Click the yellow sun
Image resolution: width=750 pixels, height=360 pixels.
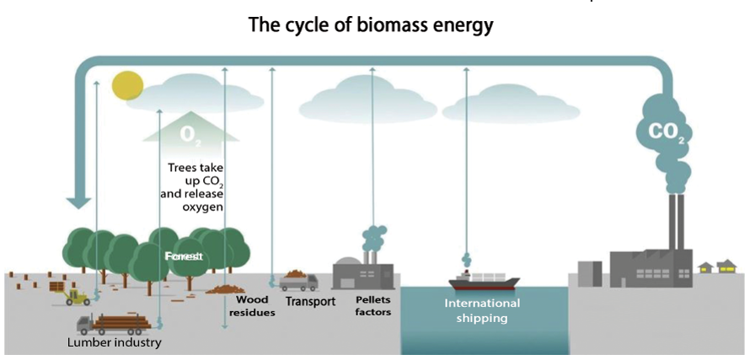click(128, 85)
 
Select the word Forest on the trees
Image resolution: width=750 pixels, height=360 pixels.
click(185, 255)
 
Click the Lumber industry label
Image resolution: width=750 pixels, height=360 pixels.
click(114, 342)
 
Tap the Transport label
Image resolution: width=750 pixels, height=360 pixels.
click(310, 301)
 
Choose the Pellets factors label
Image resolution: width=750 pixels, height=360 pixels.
click(372, 305)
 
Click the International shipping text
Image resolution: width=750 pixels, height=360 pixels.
click(482, 310)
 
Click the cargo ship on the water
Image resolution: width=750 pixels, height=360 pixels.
click(484, 282)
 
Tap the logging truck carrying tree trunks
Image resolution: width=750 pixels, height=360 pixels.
click(114, 324)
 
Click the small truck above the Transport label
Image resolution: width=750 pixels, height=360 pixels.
click(298, 280)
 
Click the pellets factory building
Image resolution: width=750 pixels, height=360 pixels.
click(362, 272)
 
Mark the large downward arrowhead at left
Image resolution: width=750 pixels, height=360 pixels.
click(79, 201)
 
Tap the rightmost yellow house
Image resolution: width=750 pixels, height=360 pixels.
click(726, 267)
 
